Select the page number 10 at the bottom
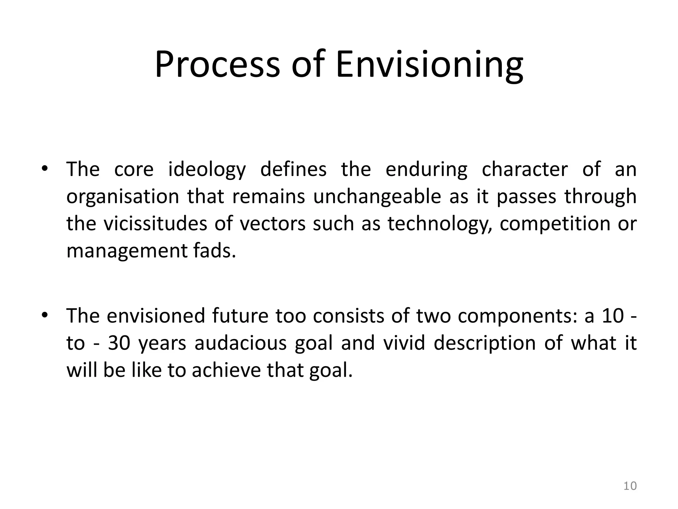click(x=630, y=486)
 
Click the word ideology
click(x=207, y=170)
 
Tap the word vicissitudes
click(x=155, y=224)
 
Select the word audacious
click(x=240, y=343)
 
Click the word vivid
click(x=404, y=343)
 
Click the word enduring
click(x=426, y=170)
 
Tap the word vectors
click(x=272, y=224)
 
